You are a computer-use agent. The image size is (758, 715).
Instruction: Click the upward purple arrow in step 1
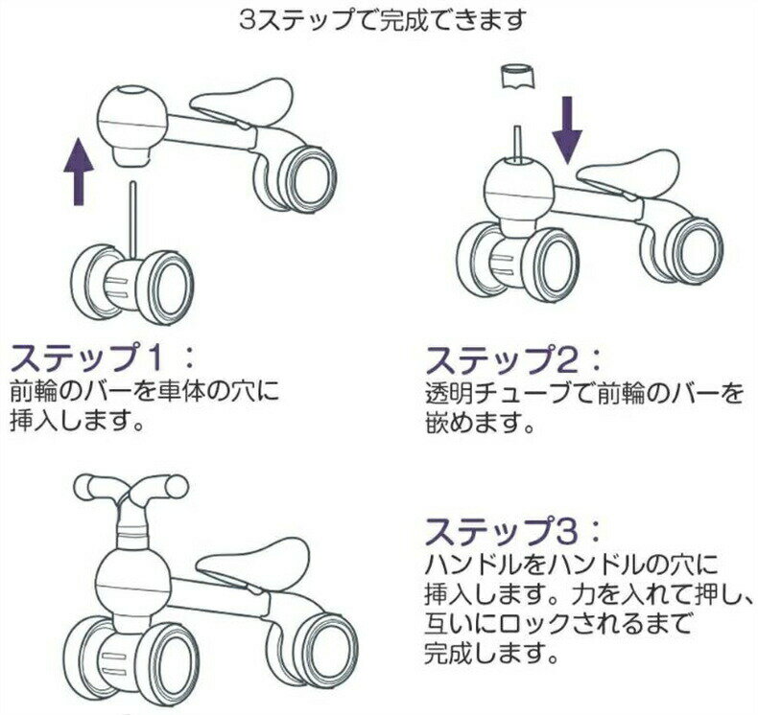79,171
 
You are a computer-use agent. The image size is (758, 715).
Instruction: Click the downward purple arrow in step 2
567,129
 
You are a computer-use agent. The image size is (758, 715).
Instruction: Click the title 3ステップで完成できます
382,21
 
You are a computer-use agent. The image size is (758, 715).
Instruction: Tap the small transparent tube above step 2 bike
516,78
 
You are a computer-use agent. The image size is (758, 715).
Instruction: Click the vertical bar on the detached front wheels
133,220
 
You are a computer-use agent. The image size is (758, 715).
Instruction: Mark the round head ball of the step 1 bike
133,116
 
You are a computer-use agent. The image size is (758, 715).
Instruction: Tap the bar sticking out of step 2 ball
518,145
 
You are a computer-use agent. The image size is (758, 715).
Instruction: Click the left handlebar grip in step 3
97,488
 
